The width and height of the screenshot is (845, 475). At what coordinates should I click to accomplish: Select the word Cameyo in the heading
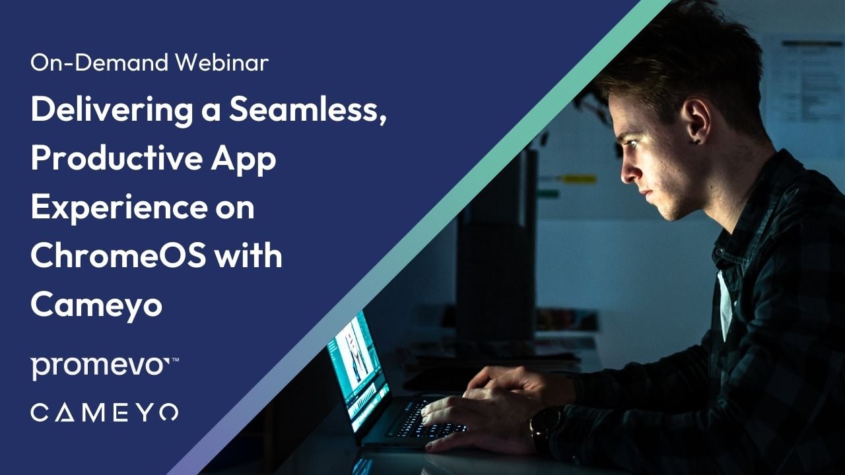[96, 305]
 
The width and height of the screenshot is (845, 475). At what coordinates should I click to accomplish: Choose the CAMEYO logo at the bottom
[104, 413]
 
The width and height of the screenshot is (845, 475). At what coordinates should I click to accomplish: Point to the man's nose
[628, 173]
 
